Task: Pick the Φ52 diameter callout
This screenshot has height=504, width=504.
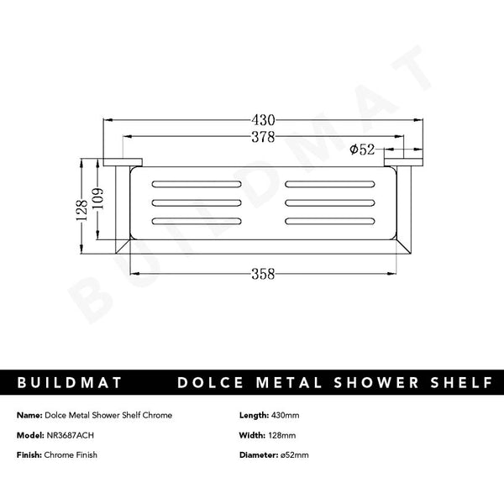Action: (362, 150)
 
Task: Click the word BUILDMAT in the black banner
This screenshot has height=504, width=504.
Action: (70, 383)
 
